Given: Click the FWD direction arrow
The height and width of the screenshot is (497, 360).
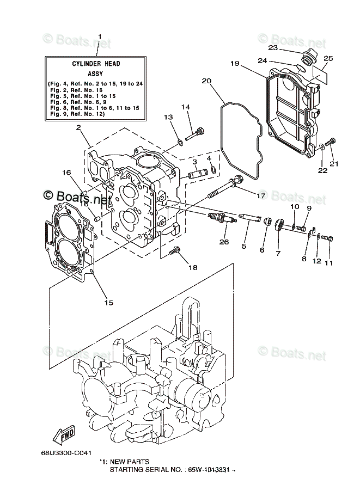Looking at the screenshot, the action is [x=63, y=434].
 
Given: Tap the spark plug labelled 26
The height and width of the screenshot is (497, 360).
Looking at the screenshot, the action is [x=222, y=218].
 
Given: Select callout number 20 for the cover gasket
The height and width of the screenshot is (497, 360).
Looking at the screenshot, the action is [x=206, y=81].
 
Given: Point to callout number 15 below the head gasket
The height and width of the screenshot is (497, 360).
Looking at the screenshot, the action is [x=109, y=302].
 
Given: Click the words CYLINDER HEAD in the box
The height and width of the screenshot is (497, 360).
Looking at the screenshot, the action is [x=96, y=64].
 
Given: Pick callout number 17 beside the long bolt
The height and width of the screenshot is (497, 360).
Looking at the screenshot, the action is [x=261, y=195].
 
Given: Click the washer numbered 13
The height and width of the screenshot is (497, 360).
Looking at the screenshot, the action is [x=180, y=142].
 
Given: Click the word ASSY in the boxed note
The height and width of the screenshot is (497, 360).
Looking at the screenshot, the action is [x=95, y=74].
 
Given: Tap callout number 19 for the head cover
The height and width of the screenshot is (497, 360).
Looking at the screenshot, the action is [x=235, y=63].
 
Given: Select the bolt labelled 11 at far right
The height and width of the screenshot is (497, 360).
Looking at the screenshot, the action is [x=327, y=237].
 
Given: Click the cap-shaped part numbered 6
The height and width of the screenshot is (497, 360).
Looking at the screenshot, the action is [x=267, y=220].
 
